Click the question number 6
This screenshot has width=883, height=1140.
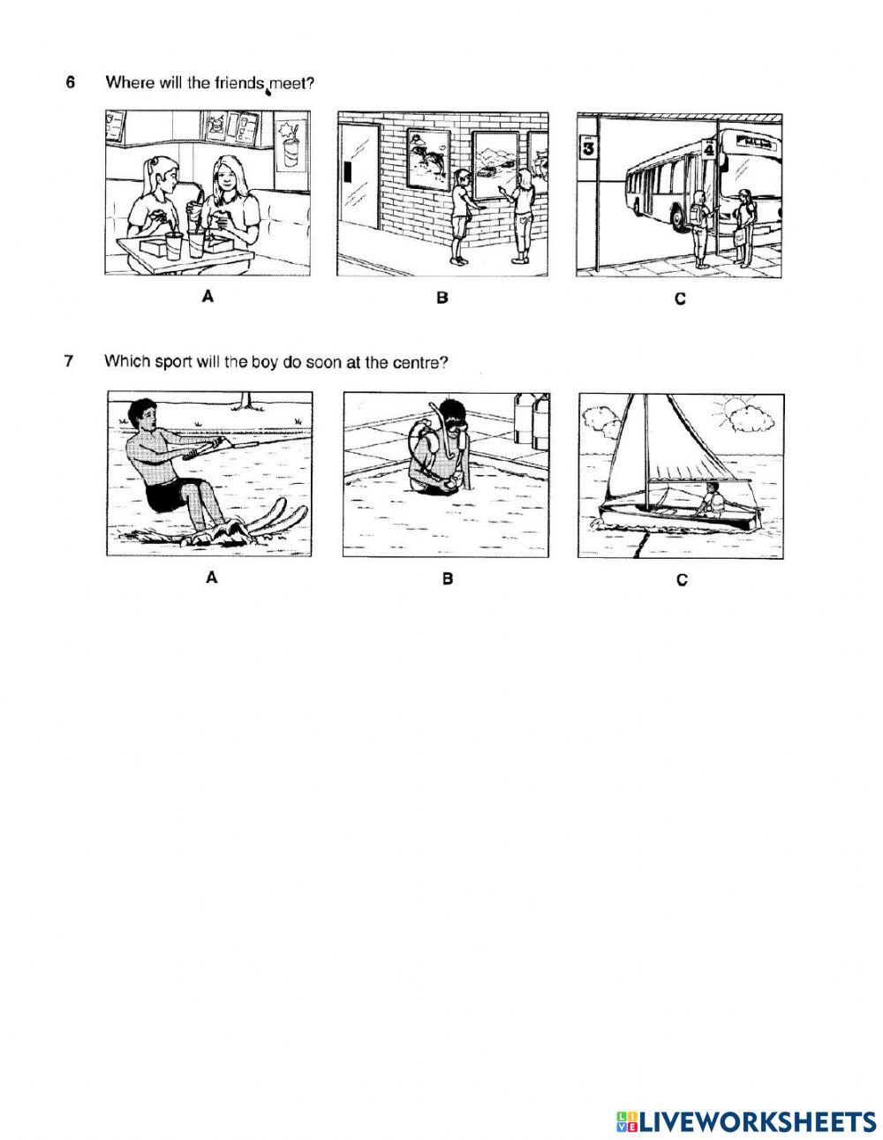70,83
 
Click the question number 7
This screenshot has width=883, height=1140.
70,361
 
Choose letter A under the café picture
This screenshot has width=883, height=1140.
208,298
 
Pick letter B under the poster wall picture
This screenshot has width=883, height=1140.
442,298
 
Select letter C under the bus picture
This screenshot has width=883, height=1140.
679,299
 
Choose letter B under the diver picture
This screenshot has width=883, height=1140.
447,579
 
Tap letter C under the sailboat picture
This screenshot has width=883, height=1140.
681,580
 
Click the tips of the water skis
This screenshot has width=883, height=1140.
292,508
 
